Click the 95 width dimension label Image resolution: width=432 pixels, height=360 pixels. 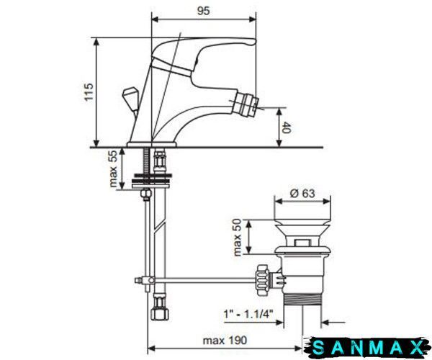pyautogui.click(x=203, y=11)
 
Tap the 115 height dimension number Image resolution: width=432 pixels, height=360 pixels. pyautogui.click(x=89, y=91)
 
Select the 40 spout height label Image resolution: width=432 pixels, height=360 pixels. pyautogui.click(x=287, y=127)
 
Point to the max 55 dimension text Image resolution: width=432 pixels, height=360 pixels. pyautogui.click(x=113, y=168)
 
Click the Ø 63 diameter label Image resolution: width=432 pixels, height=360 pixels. pyautogui.click(x=302, y=193)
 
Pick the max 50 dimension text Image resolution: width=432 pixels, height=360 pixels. pyautogui.click(x=237, y=237)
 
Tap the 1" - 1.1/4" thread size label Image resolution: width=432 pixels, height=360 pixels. pyautogui.click(x=248, y=313)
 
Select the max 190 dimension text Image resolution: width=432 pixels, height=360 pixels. pyautogui.click(x=225, y=341)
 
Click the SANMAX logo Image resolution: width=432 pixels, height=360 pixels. pyautogui.click(x=368, y=347)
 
